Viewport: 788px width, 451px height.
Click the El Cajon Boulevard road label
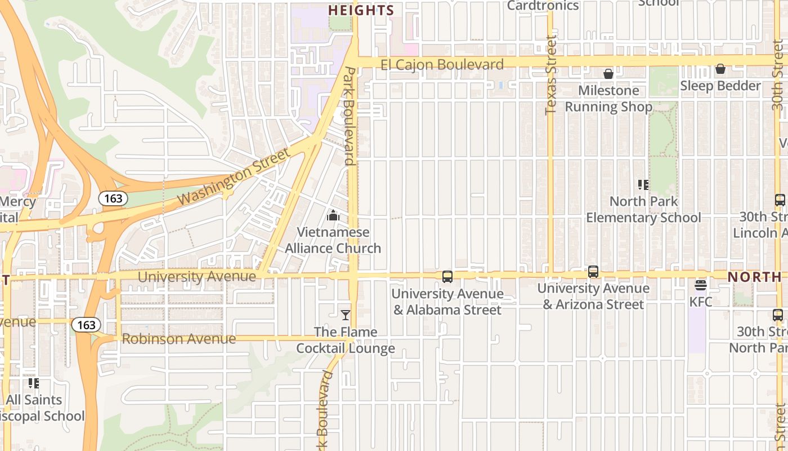click(442, 65)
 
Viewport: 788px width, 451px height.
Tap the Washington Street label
click(234, 176)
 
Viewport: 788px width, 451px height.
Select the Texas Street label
click(551, 75)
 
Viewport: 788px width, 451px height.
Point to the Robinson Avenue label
click(178, 339)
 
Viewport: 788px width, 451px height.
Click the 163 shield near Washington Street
click(113, 198)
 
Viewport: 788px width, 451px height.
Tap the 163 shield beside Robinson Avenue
click(86, 325)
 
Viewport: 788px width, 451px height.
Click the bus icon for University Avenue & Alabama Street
click(447, 277)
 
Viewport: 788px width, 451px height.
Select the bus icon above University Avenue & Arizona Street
click(593, 272)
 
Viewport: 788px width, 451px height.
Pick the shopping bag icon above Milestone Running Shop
click(608, 74)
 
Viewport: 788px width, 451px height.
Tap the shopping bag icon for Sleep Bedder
click(720, 69)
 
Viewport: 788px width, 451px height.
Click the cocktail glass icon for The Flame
click(346, 315)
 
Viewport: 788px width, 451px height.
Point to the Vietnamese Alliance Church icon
click(333, 215)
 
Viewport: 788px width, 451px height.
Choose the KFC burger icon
click(701, 285)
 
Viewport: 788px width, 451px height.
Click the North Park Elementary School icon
click(643, 184)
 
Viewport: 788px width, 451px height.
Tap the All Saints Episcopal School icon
click(34, 383)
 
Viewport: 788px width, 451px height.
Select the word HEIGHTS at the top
click(361, 10)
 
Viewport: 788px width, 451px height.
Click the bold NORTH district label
click(754, 277)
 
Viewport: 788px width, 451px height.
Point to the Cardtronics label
click(543, 6)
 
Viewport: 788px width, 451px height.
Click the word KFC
click(701, 302)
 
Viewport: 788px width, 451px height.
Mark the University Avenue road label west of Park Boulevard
click(197, 277)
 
